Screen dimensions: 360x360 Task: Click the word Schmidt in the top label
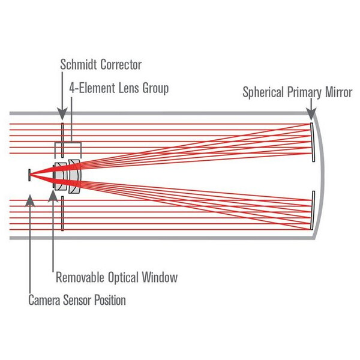coord(79,64)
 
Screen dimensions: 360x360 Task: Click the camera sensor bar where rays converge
coord(29,175)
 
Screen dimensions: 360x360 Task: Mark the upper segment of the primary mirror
coord(313,141)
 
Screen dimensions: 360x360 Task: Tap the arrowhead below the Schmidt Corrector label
coord(62,116)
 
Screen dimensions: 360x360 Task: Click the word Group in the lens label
coord(155,88)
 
